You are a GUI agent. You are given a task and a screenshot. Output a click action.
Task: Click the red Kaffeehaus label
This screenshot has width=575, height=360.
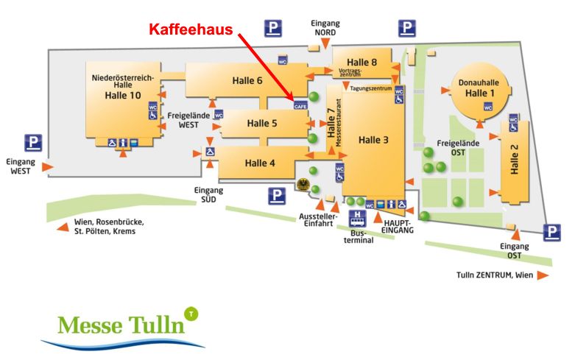tap(191, 29)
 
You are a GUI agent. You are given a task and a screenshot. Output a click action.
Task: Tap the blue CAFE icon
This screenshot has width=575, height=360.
tap(300, 105)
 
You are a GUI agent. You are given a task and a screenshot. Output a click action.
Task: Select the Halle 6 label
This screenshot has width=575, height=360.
tap(247, 81)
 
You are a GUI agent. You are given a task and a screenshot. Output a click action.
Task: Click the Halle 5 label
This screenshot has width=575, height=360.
tap(262, 123)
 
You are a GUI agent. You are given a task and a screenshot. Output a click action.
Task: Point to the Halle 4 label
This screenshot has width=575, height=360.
tap(260, 163)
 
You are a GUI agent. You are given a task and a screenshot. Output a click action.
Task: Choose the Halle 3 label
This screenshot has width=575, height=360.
tap(373, 140)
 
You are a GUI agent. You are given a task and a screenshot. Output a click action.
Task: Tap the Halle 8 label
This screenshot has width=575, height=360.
tap(362, 63)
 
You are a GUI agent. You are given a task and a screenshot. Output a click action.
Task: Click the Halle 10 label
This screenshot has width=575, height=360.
tap(123, 95)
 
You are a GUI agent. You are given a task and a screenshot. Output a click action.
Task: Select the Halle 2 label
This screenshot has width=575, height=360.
tap(515, 159)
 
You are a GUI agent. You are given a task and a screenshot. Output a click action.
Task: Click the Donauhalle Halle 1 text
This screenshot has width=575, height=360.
tap(479, 88)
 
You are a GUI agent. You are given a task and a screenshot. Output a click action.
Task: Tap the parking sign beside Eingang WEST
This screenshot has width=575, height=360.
tap(33, 143)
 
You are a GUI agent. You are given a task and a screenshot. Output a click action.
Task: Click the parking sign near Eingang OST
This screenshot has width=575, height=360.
tap(552, 233)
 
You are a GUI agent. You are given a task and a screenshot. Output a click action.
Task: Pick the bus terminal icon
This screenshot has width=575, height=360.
tap(358, 219)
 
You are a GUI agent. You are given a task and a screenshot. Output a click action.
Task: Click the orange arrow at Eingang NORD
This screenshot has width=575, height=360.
tap(325, 44)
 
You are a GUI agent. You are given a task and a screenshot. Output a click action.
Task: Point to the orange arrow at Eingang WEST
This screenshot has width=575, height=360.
tap(48, 167)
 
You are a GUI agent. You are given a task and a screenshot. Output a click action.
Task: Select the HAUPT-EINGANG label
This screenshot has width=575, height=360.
tap(398, 227)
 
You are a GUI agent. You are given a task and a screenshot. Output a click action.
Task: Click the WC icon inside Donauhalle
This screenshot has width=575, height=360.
tap(487, 107)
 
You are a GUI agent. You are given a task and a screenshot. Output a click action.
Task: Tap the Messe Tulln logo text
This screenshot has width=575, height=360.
tap(121, 325)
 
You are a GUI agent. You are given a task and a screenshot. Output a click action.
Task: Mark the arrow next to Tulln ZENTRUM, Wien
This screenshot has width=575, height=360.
tap(543, 275)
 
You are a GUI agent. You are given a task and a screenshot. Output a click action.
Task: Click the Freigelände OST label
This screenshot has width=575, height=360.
tap(458, 148)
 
